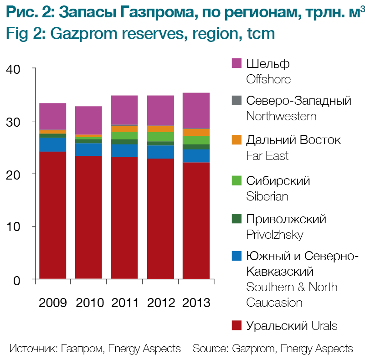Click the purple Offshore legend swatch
(x=236, y=63)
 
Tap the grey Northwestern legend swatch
(x=236, y=100)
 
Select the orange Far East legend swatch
(x=236, y=139)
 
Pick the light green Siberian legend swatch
(x=236, y=180)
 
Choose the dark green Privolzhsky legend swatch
(x=236, y=219)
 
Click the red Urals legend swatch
(x=236, y=325)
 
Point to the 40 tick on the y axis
(x=33, y=68)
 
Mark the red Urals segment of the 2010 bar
(x=88, y=216)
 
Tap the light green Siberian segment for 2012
(x=160, y=137)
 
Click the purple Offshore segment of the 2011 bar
(x=124, y=110)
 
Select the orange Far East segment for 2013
(x=196, y=132)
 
